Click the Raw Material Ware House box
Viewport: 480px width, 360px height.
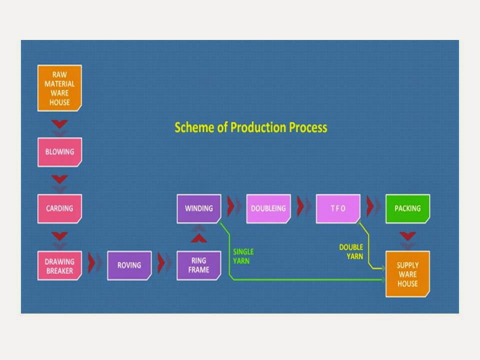point(59,88)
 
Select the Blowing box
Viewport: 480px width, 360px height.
point(59,151)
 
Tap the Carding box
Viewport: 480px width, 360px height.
point(59,208)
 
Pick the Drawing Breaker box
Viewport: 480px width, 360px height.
point(59,265)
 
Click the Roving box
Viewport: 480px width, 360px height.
point(129,265)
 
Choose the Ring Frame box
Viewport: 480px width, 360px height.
point(199,265)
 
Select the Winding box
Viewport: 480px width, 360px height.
point(199,208)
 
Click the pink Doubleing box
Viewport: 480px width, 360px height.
point(268,208)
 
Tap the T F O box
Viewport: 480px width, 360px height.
point(338,208)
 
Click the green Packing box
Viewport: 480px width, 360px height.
point(407,208)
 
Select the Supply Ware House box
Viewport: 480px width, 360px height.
point(407,274)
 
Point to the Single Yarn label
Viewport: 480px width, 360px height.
point(243,256)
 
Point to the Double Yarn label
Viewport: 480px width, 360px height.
point(351,251)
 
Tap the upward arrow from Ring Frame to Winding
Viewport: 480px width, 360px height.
point(199,237)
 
